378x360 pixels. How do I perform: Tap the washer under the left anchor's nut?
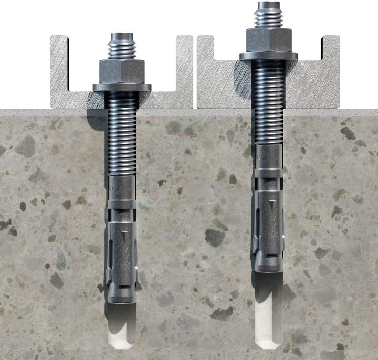122,87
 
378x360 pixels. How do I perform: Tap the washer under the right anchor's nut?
269,55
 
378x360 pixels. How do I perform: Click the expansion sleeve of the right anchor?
269,226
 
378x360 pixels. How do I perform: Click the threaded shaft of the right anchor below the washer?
268,105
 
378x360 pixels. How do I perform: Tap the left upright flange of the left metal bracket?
59,66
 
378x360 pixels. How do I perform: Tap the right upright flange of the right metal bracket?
331,66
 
